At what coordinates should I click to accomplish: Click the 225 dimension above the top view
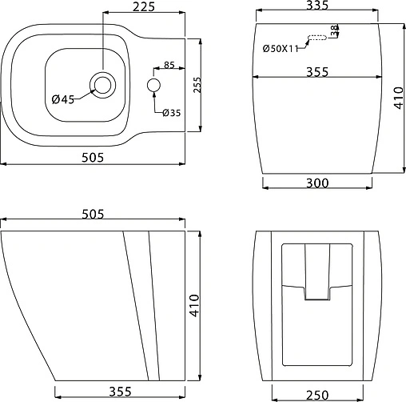coord(145,8)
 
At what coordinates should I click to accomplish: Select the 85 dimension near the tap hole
coord(169,65)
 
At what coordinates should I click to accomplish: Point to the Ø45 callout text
coord(62,99)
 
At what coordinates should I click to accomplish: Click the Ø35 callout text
coord(171,113)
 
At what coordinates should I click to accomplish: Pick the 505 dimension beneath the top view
coord(94,157)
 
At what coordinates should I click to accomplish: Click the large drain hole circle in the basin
coord(102,83)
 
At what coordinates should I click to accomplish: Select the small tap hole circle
coord(154,85)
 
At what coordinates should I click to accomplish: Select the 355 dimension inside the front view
coord(318,72)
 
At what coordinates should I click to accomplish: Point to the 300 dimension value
coord(317,183)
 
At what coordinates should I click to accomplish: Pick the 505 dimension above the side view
coord(94,214)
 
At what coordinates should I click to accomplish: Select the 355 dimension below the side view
coord(120,392)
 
